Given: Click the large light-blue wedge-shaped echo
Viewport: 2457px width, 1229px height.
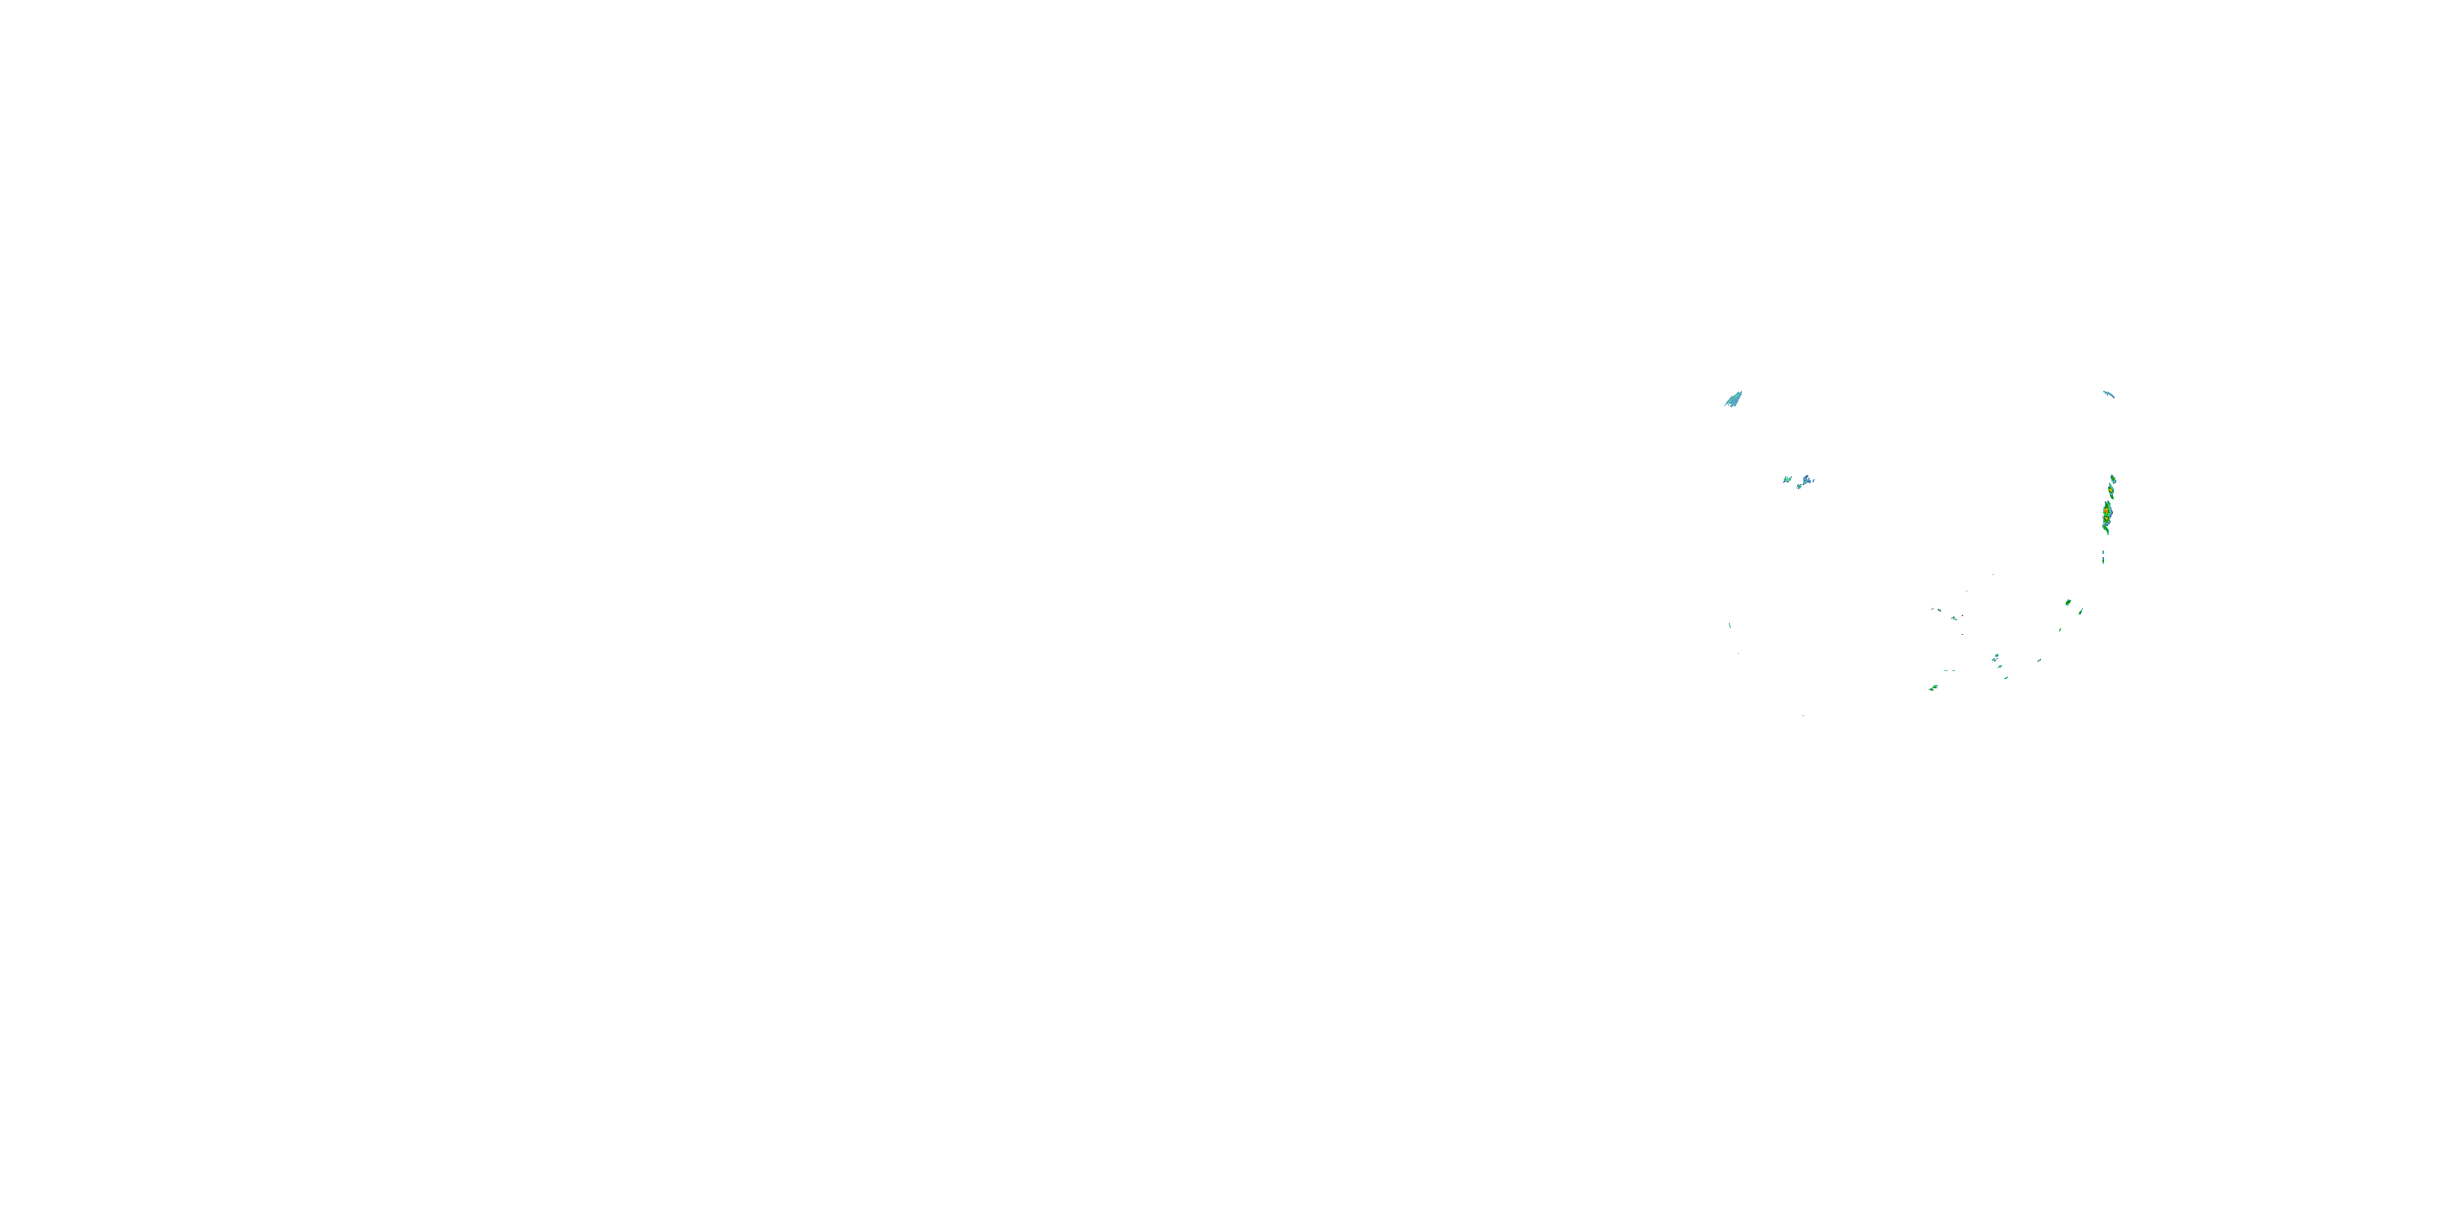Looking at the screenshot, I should pyautogui.click(x=1734, y=399).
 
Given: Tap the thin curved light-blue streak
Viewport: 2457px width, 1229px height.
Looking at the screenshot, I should pyautogui.click(x=2110, y=394).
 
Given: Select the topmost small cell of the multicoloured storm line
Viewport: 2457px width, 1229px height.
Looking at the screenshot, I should pyautogui.click(x=2114, y=479).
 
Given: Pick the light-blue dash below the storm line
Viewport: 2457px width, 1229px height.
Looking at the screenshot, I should pyautogui.click(x=2103, y=552).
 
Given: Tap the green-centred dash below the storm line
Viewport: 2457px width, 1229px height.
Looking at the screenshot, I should pyautogui.click(x=2103, y=561).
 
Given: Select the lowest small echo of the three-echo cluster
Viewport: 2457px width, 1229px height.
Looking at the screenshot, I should pyautogui.click(x=1799, y=487).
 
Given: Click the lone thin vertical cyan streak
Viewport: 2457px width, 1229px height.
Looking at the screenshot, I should pyautogui.click(x=1731, y=626).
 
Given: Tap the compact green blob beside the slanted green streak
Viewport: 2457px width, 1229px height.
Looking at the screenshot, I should pyautogui.click(x=2068, y=602).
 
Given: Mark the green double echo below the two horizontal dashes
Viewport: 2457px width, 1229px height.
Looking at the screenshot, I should pyautogui.click(x=1934, y=687).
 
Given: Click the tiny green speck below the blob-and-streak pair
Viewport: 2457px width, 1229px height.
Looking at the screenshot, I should pyautogui.click(x=2061, y=630).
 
